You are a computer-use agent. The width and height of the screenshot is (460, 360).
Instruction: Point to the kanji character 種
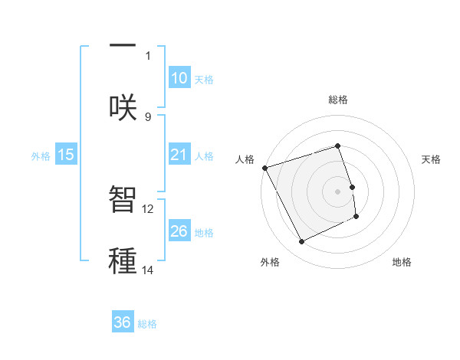(x=123, y=260)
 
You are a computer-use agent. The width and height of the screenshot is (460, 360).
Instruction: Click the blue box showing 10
(x=179, y=78)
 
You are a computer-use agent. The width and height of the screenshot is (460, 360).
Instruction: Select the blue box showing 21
(x=179, y=155)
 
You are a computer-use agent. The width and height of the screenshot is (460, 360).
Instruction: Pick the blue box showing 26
(x=179, y=231)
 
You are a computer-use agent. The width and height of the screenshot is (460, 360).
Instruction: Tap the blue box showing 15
(x=65, y=155)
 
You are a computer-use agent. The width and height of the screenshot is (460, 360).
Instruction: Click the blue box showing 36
(x=123, y=322)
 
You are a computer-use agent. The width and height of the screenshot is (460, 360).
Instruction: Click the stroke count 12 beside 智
(x=148, y=208)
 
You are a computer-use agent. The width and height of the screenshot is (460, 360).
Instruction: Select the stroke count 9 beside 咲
(x=148, y=116)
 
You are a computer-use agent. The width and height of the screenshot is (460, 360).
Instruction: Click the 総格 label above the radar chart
(x=338, y=100)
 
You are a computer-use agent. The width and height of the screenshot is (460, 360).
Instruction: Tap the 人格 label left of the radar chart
(x=245, y=159)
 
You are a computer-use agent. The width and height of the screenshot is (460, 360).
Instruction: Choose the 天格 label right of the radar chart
(x=431, y=159)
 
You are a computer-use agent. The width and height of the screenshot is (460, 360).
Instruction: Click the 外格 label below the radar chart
(x=270, y=262)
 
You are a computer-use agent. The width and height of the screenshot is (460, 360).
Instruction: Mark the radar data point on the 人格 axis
(x=265, y=168)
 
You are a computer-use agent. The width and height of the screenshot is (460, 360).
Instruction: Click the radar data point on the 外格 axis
(x=301, y=242)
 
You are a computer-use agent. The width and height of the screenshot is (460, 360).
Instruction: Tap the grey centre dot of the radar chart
(x=338, y=191)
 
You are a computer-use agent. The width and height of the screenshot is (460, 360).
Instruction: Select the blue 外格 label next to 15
(x=41, y=155)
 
